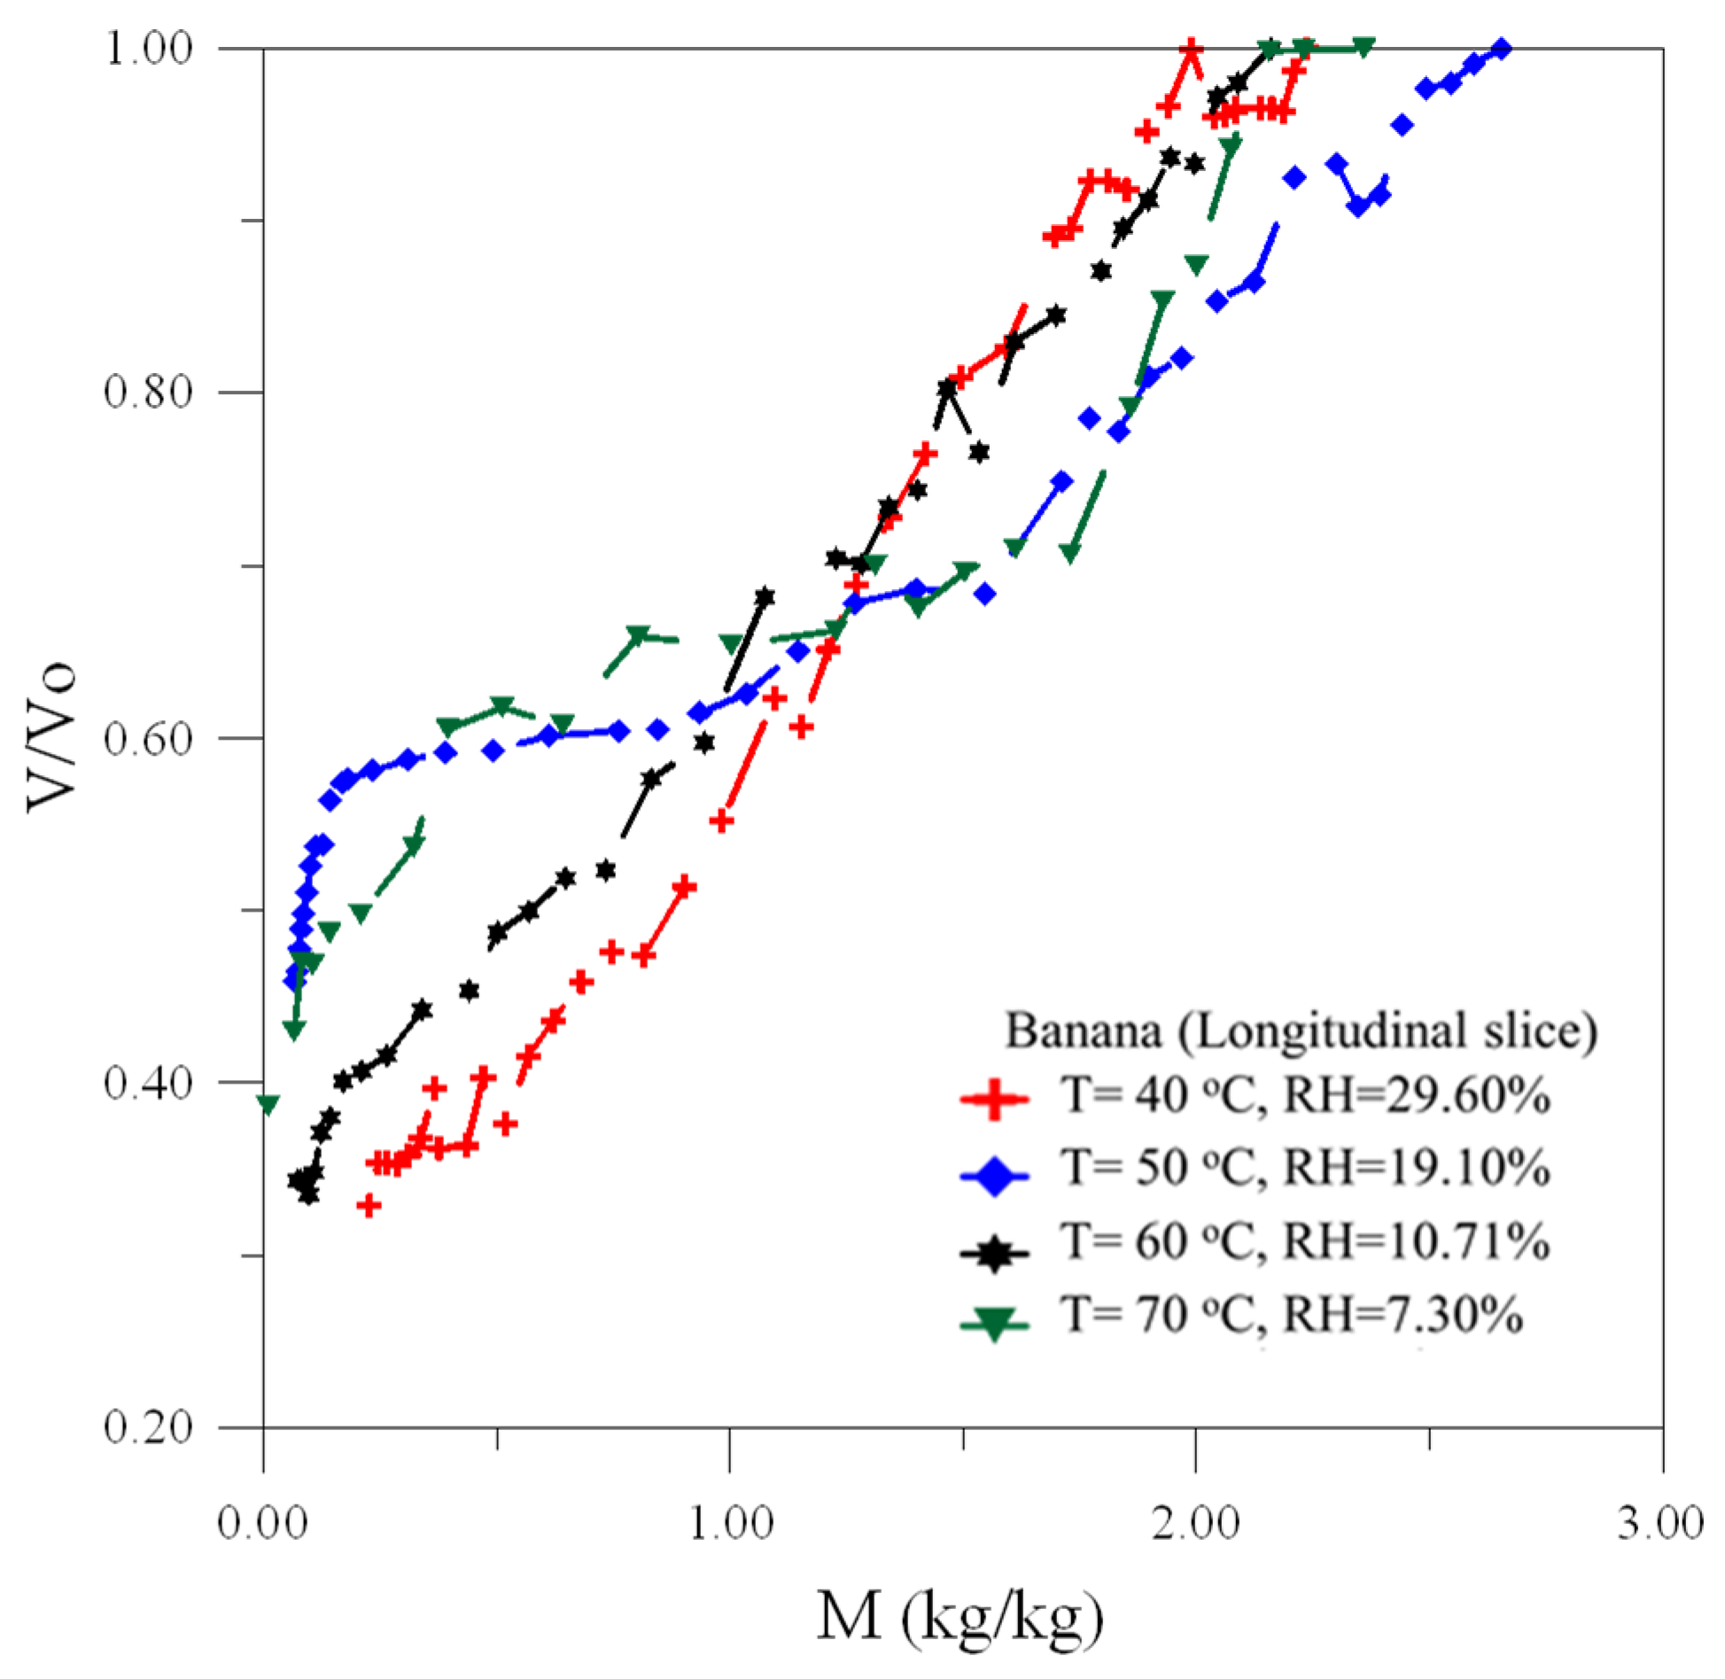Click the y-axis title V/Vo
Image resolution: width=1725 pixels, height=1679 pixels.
coord(51,737)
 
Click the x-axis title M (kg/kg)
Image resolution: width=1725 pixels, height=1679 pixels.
coord(960,1615)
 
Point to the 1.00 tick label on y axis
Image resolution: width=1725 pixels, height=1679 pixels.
coord(149,48)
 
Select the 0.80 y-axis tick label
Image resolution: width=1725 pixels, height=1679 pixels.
coord(149,392)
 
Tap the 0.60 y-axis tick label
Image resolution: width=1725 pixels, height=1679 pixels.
coord(149,737)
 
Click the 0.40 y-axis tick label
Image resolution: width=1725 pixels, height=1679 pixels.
coord(149,1082)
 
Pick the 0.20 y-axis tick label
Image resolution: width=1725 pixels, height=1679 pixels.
coord(149,1427)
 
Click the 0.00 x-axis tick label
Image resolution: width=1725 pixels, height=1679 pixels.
coord(262,1523)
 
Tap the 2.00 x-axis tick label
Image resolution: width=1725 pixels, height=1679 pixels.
coord(1195,1523)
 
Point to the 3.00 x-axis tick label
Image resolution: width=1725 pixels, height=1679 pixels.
coord(1661,1523)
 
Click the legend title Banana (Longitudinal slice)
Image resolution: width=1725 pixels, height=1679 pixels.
coord(1301,1031)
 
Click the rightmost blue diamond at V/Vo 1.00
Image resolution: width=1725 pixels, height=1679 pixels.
coord(1501,48)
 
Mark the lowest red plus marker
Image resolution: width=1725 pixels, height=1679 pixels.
coord(369,1205)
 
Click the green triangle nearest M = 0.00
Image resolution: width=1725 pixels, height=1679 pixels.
coord(268,1104)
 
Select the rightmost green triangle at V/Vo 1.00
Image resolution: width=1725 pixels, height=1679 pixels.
coord(1364,47)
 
